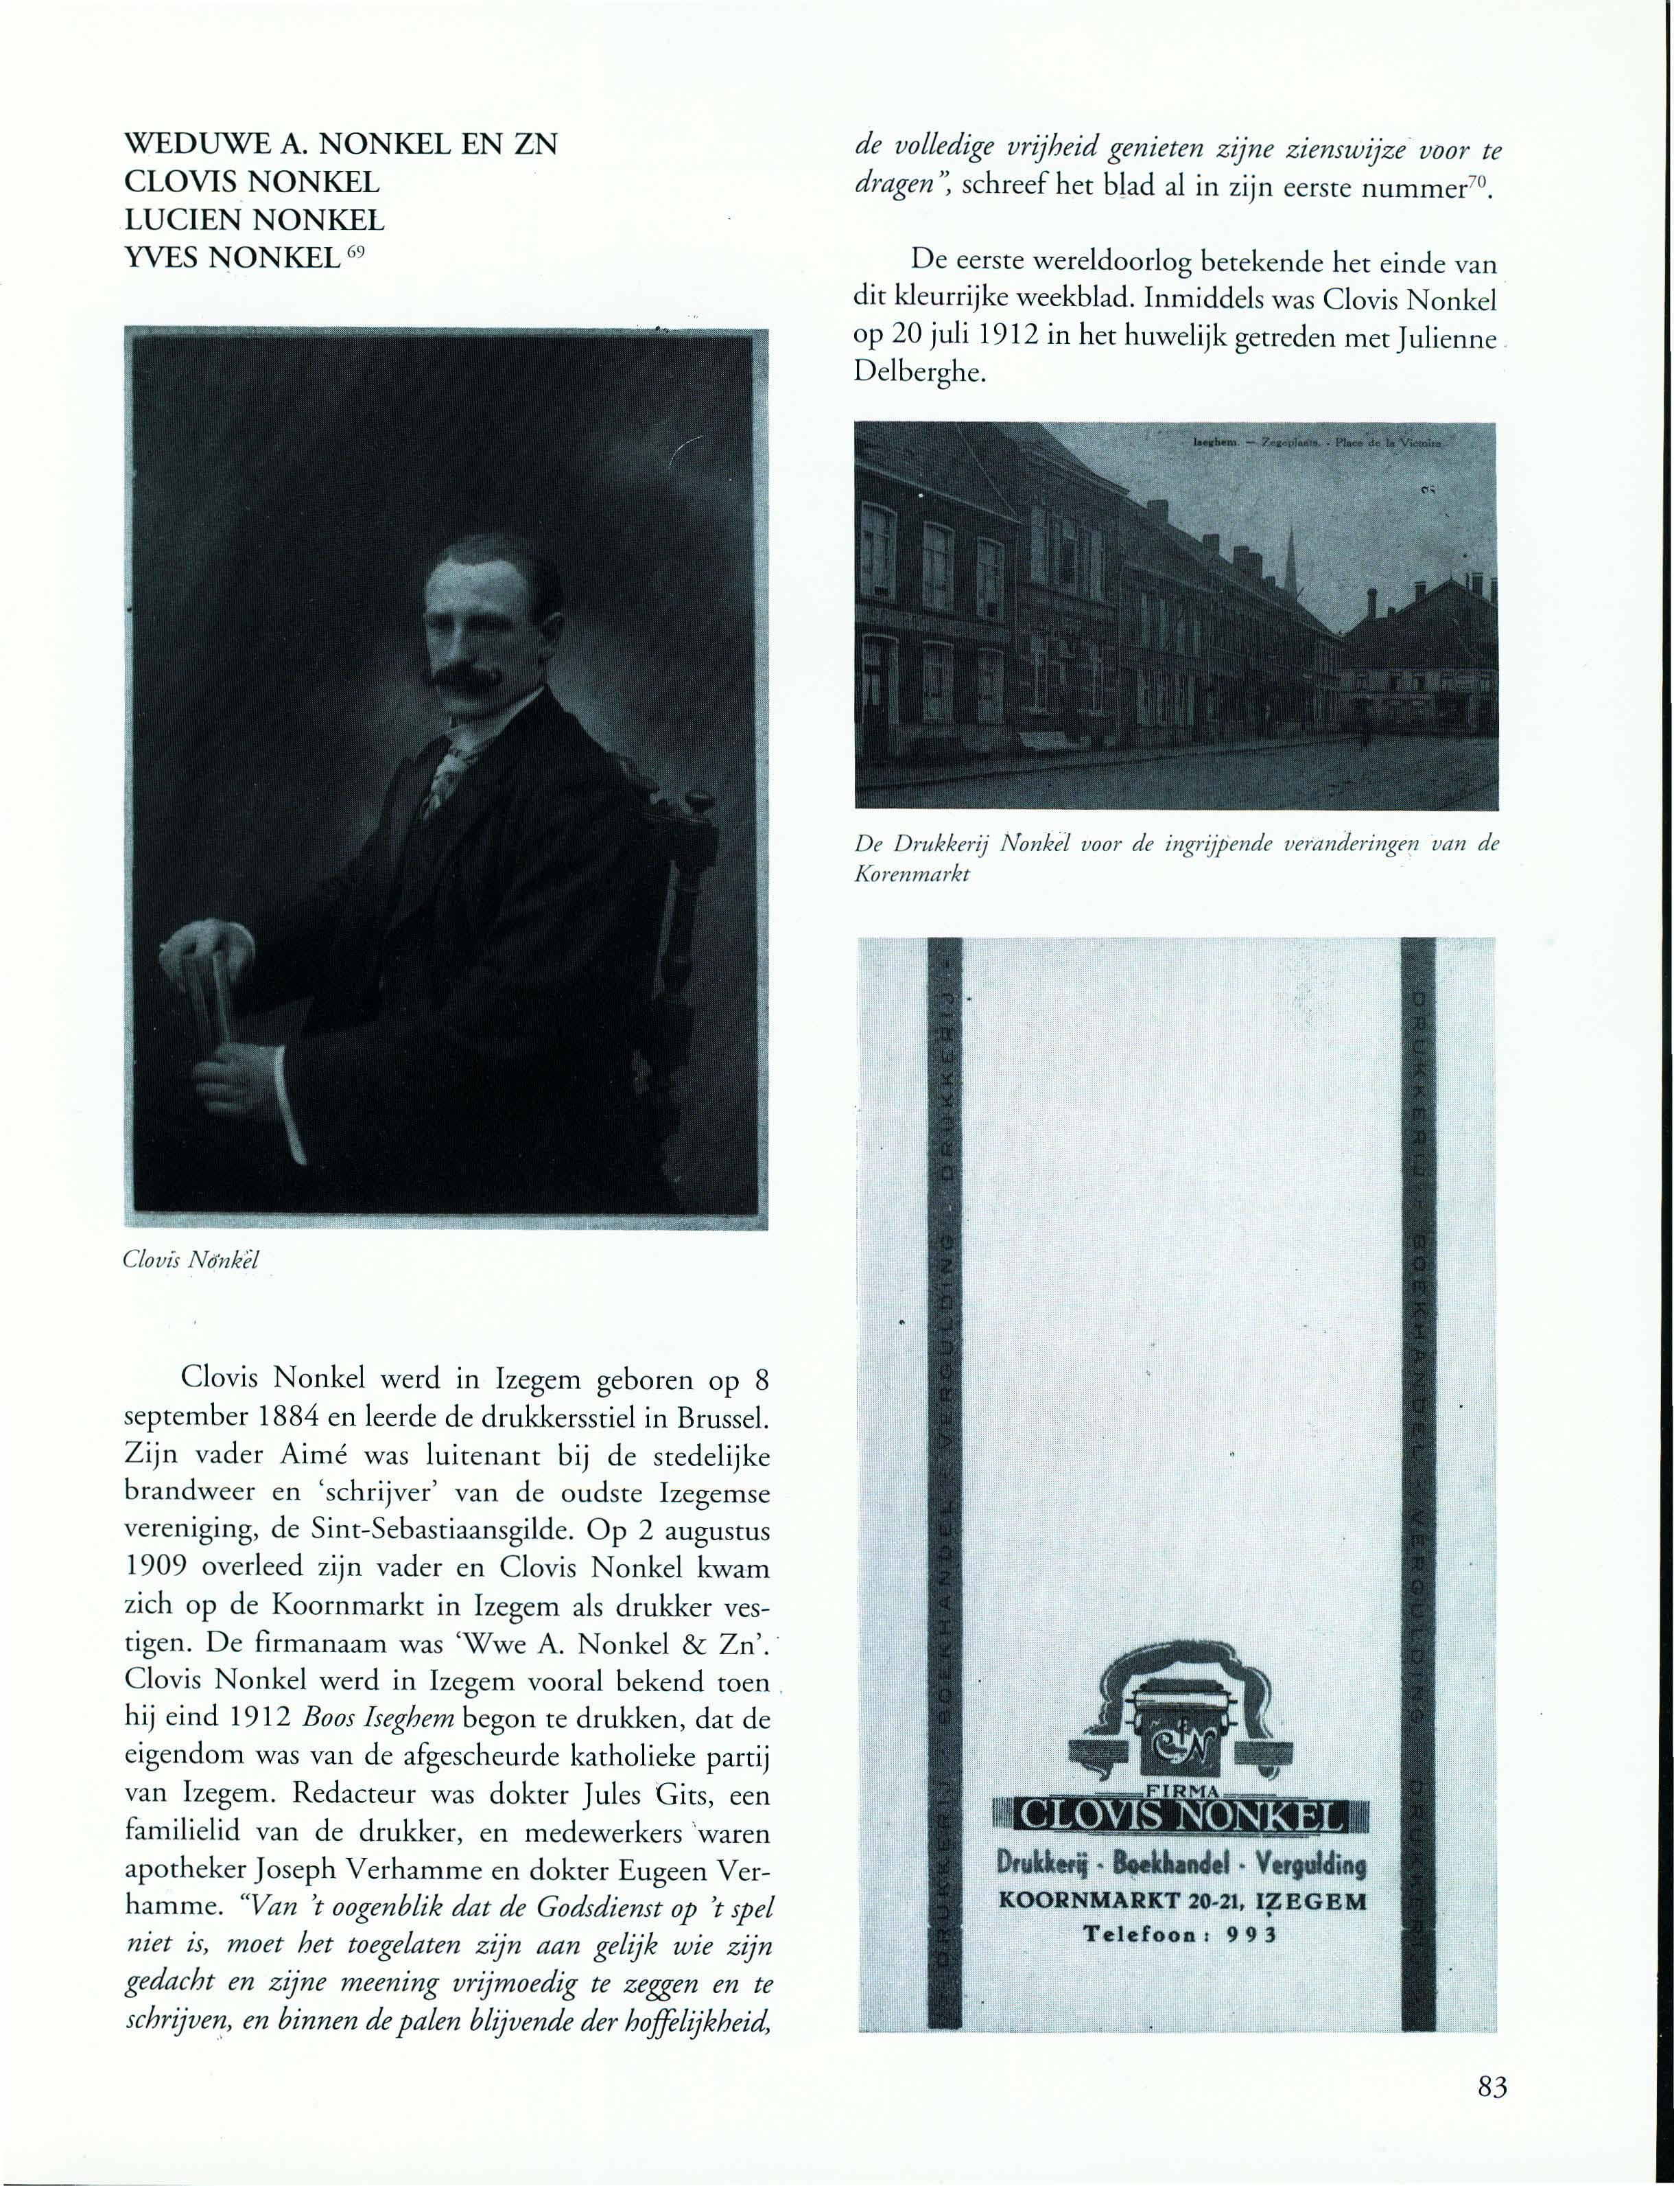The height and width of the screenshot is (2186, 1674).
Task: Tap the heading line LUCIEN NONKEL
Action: click(253, 220)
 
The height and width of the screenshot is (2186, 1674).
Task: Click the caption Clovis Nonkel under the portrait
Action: click(190, 1260)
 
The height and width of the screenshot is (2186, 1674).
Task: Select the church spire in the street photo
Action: click(1291, 558)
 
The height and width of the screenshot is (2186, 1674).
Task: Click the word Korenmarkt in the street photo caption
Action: click(912, 874)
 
